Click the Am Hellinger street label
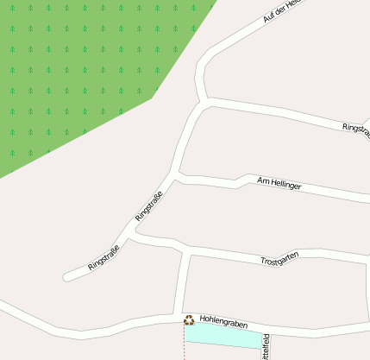279,182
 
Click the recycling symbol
188,320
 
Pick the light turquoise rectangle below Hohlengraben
223,336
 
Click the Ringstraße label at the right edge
356,129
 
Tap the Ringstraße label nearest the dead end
103,256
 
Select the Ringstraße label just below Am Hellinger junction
149,206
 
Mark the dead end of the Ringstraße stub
66,277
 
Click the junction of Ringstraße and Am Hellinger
176,176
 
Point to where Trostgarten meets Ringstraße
135,231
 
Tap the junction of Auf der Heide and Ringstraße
204,101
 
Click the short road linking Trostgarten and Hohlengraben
182,285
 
